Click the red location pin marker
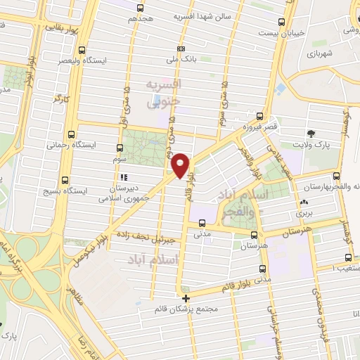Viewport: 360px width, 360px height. [181, 166]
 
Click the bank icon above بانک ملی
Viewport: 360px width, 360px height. [181, 49]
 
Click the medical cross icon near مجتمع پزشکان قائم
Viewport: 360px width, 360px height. [186, 298]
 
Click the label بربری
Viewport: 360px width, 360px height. [303, 212]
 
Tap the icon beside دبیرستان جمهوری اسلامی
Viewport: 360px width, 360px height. [124, 178]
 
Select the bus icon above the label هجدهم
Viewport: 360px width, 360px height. [141, 8]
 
